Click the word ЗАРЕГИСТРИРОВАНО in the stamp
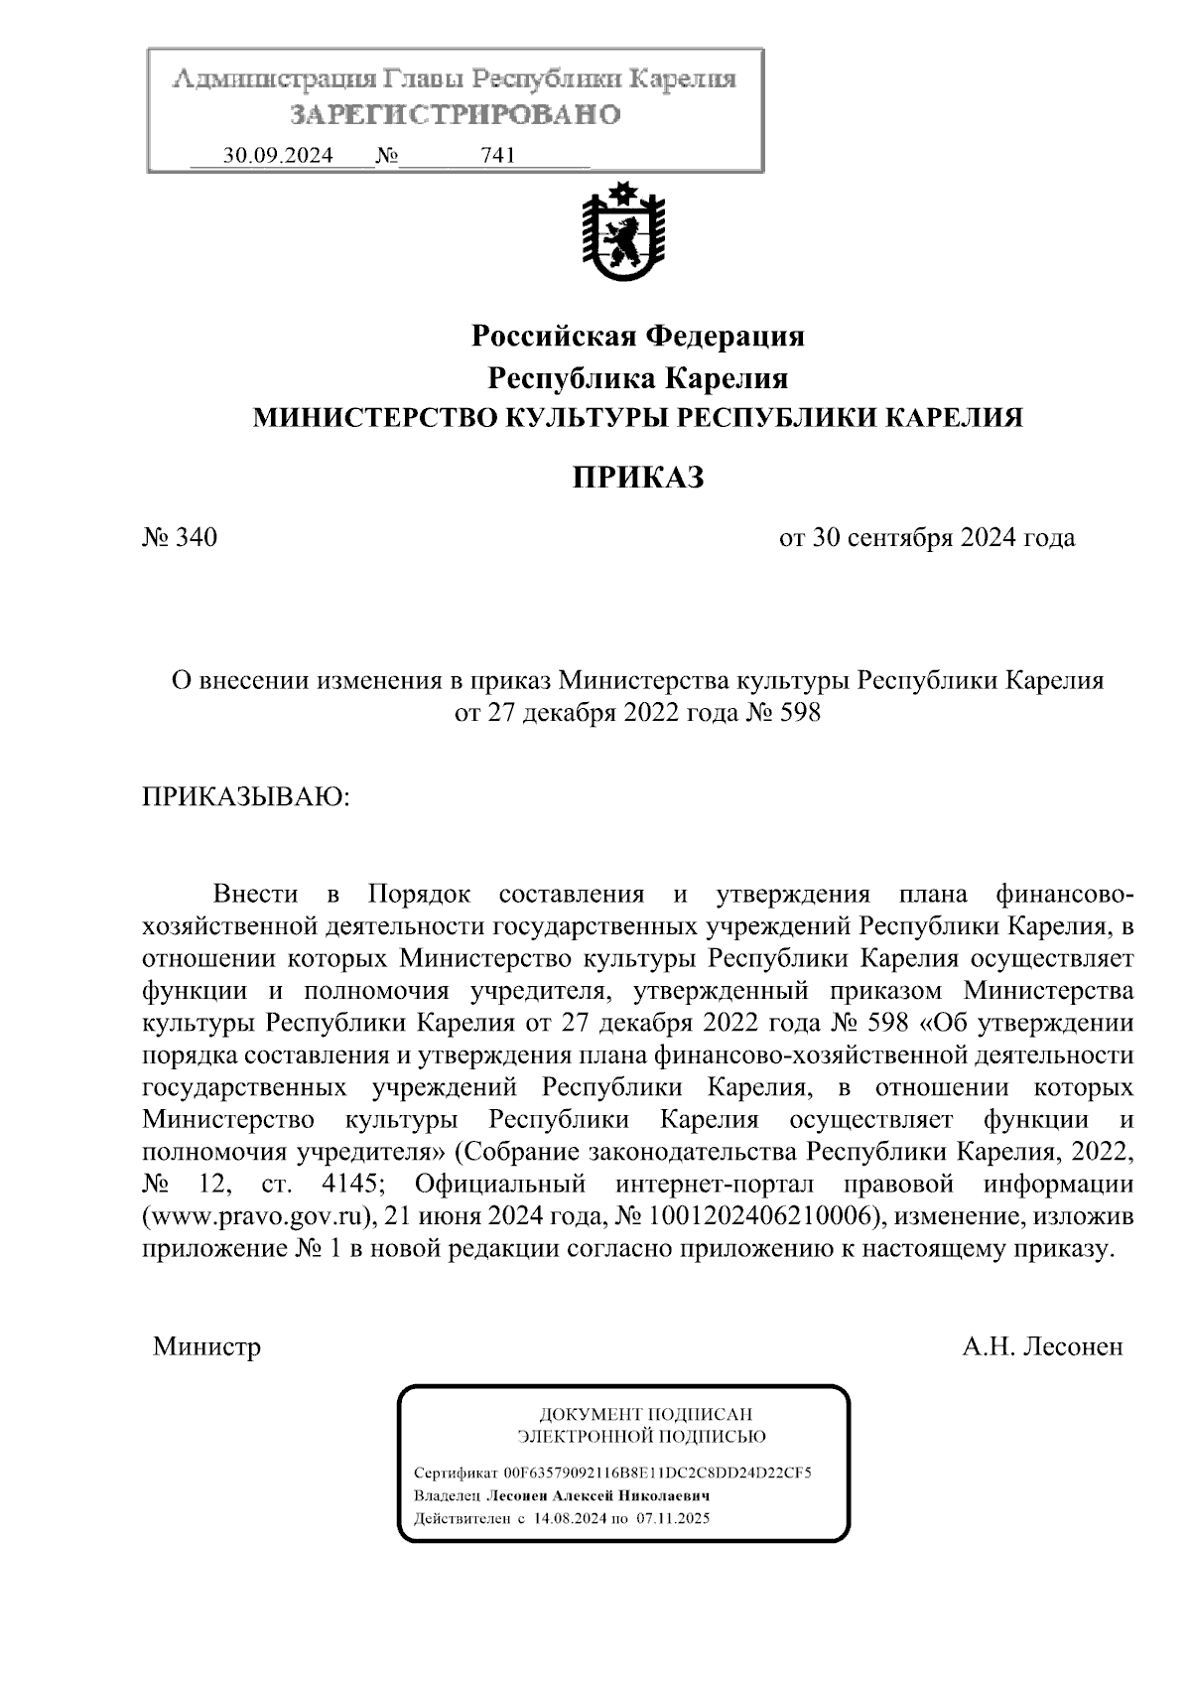point(455,115)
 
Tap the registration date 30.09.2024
point(278,156)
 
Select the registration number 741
point(497,156)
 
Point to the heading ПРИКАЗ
point(637,479)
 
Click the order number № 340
point(180,538)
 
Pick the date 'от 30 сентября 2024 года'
point(927,538)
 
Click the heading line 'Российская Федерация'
point(637,337)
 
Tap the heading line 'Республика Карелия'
point(637,378)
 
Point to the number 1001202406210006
point(764,1216)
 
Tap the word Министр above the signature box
point(206,1347)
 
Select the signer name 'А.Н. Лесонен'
point(1042,1347)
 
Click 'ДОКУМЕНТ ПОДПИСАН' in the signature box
point(644,1414)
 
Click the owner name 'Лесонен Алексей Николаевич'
point(595,1495)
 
